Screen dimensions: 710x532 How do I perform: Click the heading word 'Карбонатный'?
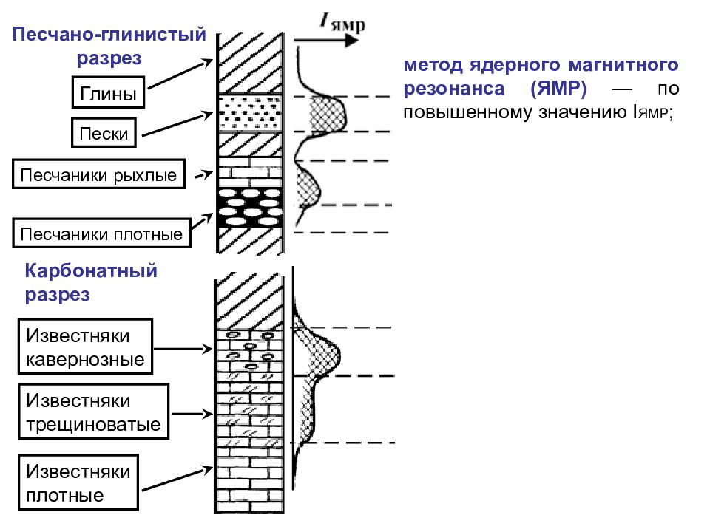point(91,270)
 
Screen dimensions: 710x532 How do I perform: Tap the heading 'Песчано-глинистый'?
point(109,35)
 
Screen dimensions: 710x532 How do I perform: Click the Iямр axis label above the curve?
point(342,21)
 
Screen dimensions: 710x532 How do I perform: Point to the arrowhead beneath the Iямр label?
point(351,40)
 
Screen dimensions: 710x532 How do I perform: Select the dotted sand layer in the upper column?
point(251,113)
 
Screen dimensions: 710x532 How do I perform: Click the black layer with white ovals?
point(251,208)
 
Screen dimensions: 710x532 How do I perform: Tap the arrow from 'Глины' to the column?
point(180,74)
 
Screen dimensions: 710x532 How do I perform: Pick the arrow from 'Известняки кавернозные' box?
point(183,349)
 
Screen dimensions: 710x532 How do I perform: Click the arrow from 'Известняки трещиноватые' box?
point(192,414)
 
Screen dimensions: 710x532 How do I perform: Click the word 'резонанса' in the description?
point(453,89)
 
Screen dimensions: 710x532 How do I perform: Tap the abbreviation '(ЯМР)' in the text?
point(558,88)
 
